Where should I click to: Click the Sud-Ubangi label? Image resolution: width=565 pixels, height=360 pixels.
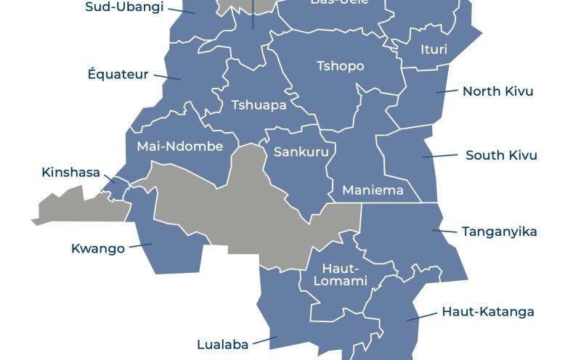point(124,7)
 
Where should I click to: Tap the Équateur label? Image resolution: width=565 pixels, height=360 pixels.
point(118,74)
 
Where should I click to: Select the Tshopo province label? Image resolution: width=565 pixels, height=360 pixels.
point(340,66)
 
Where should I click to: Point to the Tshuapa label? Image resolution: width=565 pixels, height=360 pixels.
point(259,105)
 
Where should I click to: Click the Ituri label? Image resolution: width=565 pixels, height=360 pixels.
point(434,50)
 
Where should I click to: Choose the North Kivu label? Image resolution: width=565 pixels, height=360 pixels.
point(498,91)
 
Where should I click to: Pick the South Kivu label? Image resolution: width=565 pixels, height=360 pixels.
point(501,155)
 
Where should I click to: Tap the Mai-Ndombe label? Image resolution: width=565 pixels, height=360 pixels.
point(179,146)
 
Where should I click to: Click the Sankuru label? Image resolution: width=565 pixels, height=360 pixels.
point(301,152)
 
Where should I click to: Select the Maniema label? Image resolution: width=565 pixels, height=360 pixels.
point(373,190)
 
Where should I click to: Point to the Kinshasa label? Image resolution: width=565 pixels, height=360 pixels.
point(70,173)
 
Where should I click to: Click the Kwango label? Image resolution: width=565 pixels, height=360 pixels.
point(97,248)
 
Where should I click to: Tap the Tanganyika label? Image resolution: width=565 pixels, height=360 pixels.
point(500,232)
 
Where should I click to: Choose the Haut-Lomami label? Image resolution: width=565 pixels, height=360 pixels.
point(344,275)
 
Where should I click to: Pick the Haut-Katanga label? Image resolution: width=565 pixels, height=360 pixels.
point(488,311)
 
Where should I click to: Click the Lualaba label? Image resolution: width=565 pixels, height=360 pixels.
point(223,344)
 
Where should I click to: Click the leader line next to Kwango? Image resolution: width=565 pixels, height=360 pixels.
point(140,246)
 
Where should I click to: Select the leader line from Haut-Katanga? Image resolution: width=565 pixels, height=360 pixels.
point(421,316)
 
